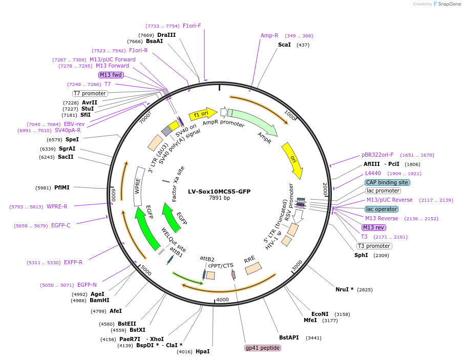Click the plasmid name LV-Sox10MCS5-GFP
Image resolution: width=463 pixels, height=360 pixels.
click(219, 192)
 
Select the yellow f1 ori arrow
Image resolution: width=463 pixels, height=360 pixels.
click(203, 114)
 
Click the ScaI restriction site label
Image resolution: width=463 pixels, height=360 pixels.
click(284, 45)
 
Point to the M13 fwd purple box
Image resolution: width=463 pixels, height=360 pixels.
click(111, 75)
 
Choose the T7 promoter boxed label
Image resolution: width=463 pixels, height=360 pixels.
click(90, 93)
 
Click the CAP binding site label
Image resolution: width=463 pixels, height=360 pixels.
click(387, 182)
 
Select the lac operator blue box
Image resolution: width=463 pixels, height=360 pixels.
click(381, 209)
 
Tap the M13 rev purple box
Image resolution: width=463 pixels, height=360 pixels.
click(373, 227)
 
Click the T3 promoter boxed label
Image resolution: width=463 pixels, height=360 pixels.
click(374, 246)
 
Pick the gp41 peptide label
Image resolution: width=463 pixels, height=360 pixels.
click(263, 348)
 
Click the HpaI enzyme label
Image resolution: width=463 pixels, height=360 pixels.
click(202, 351)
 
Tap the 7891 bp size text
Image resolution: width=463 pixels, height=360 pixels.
click(219, 198)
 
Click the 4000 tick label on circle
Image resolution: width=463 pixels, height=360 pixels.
click(222, 300)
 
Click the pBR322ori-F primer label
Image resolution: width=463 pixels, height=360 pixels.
click(377, 155)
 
